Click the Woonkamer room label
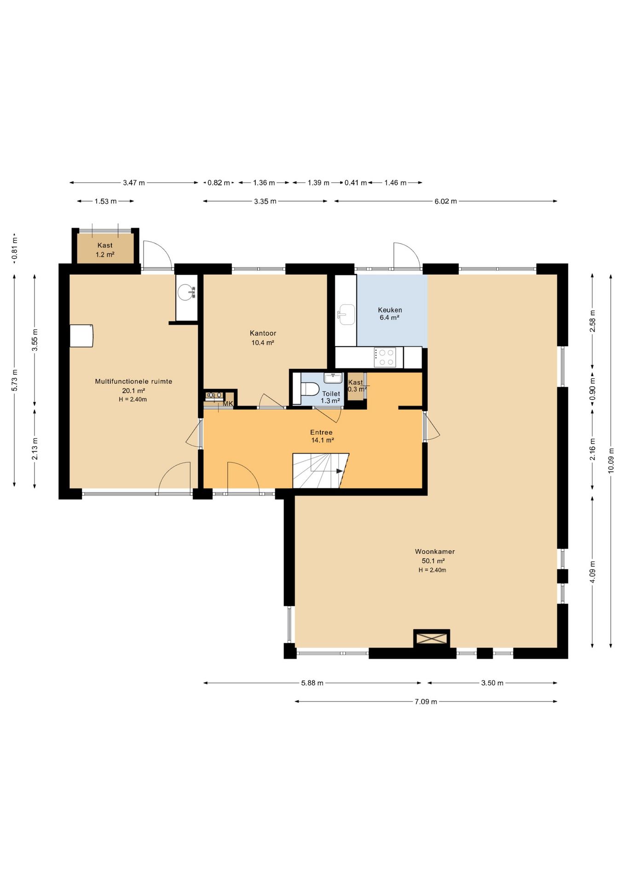(x=434, y=551)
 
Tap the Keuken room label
(x=390, y=310)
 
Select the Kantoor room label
(x=263, y=333)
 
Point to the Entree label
(x=321, y=432)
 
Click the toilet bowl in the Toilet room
(x=310, y=389)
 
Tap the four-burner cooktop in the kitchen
(x=385, y=357)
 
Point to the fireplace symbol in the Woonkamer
(x=431, y=638)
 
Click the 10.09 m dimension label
(x=611, y=460)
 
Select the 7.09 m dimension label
(x=426, y=701)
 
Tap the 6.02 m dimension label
(x=446, y=201)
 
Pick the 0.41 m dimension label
(x=356, y=183)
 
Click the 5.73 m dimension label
(x=14, y=380)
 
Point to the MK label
(x=228, y=404)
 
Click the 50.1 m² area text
(x=433, y=561)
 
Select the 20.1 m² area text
(x=133, y=391)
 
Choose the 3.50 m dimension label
(x=492, y=683)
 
